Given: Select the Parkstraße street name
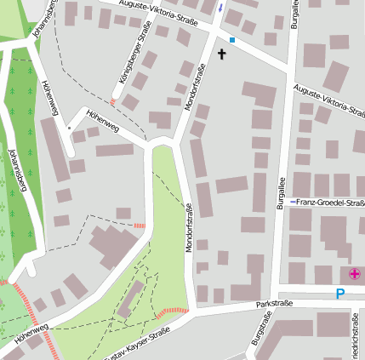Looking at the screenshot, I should click(277, 302).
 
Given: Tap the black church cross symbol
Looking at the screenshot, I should click(222, 54).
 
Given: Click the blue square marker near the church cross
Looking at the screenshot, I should click(231, 39).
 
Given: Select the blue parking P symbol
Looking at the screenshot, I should click(340, 294).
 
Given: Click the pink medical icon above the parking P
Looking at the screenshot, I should click(354, 274).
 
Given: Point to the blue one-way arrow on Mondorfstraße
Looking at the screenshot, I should click(221, 8).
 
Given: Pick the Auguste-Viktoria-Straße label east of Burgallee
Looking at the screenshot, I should click(328, 106).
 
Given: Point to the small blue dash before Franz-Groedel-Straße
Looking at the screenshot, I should click(293, 203).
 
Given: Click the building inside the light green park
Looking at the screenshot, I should click(130, 299).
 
